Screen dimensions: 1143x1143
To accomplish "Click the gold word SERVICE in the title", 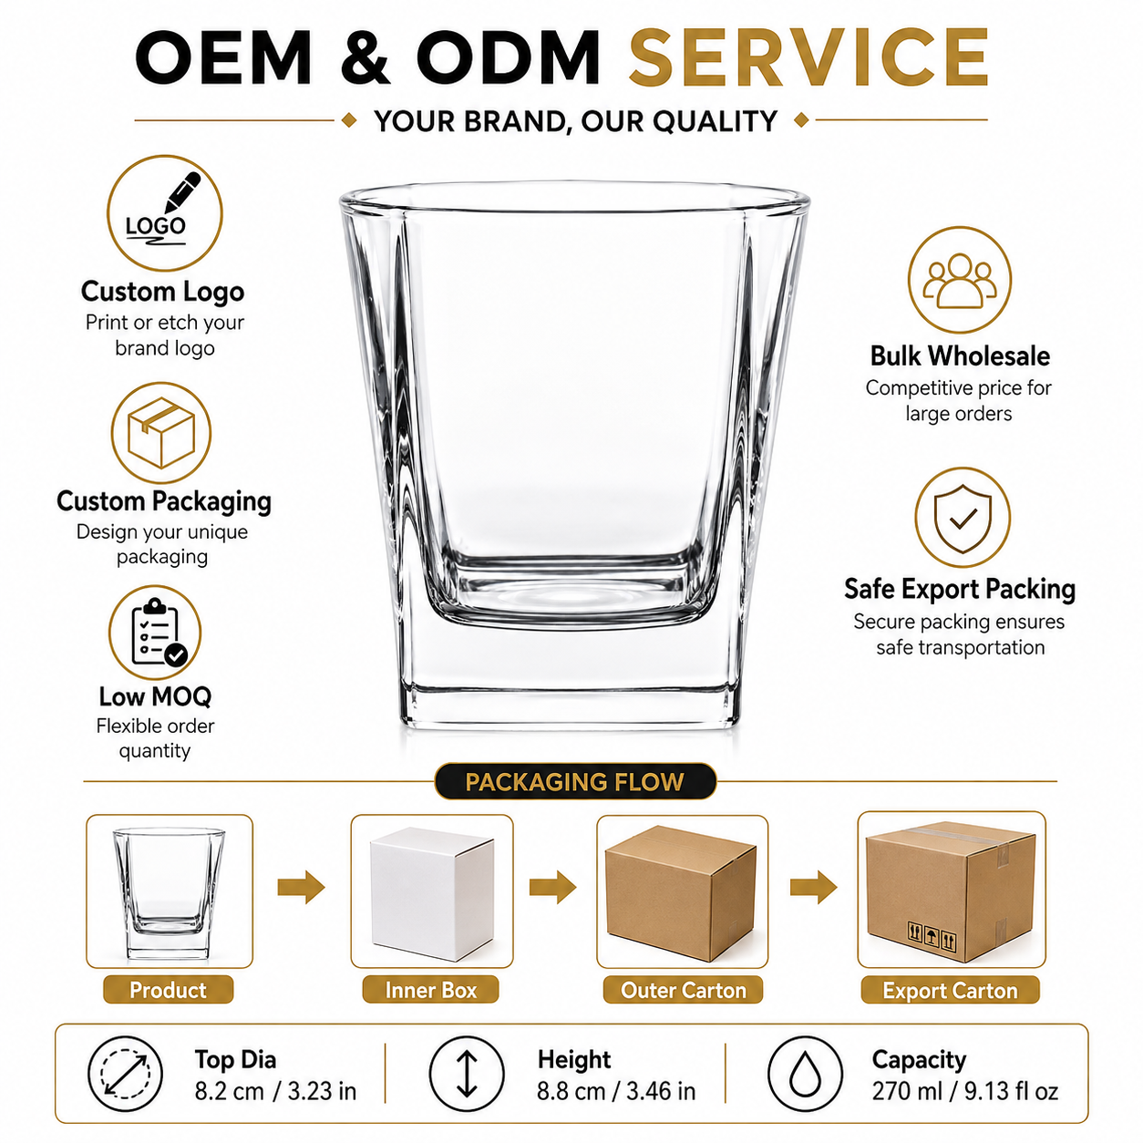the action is [x=808, y=57].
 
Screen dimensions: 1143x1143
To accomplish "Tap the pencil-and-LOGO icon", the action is [x=164, y=213].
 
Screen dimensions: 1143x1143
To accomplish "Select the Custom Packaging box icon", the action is [x=160, y=432].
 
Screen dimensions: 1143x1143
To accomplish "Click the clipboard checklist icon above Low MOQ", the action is [x=155, y=633].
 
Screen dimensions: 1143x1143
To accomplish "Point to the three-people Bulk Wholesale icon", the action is [x=959, y=280].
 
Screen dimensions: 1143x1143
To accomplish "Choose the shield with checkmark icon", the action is [x=962, y=517].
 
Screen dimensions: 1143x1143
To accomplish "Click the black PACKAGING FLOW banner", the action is [x=575, y=781].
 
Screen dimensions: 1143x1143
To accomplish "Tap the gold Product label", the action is [x=169, y=990].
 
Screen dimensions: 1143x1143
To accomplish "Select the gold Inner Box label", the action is [x=430, y=990].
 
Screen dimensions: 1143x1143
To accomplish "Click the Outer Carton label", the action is [x=683, y=990].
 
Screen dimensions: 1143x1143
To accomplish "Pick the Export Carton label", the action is [x=950, y=991].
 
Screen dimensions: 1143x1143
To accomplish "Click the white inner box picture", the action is [x=431, y=894].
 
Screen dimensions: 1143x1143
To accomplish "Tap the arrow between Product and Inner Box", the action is [x=302, y=887].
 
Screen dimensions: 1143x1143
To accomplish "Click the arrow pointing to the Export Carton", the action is [x=813, y=887].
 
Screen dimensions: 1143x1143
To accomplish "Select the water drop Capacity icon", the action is [x=805, y=1075].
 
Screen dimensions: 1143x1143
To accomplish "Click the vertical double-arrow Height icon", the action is [x=467, y=1075].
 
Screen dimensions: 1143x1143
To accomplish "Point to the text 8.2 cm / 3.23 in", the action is [x=275, y=1091].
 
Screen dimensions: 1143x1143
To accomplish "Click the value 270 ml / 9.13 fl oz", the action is [x=965, y=1091].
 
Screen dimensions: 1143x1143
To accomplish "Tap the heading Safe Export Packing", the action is [x=960, y=589].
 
